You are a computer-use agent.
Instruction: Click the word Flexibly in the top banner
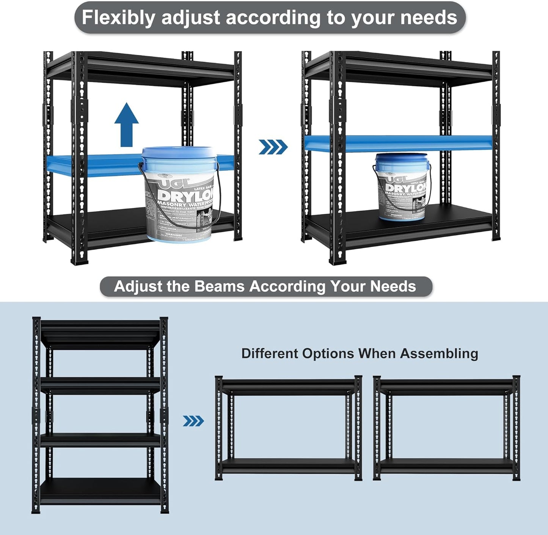tap(118, 18)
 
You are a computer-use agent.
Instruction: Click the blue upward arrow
tap(127, 125)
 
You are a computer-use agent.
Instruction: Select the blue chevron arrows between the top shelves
tap(273, 147)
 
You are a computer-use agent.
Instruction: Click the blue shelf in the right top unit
tap(398, 143)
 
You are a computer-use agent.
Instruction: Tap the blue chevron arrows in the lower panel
tap(193, 421)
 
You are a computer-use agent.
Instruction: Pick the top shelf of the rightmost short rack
tap(446, 386)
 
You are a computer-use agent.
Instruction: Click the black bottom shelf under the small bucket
tap(402, 228)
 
